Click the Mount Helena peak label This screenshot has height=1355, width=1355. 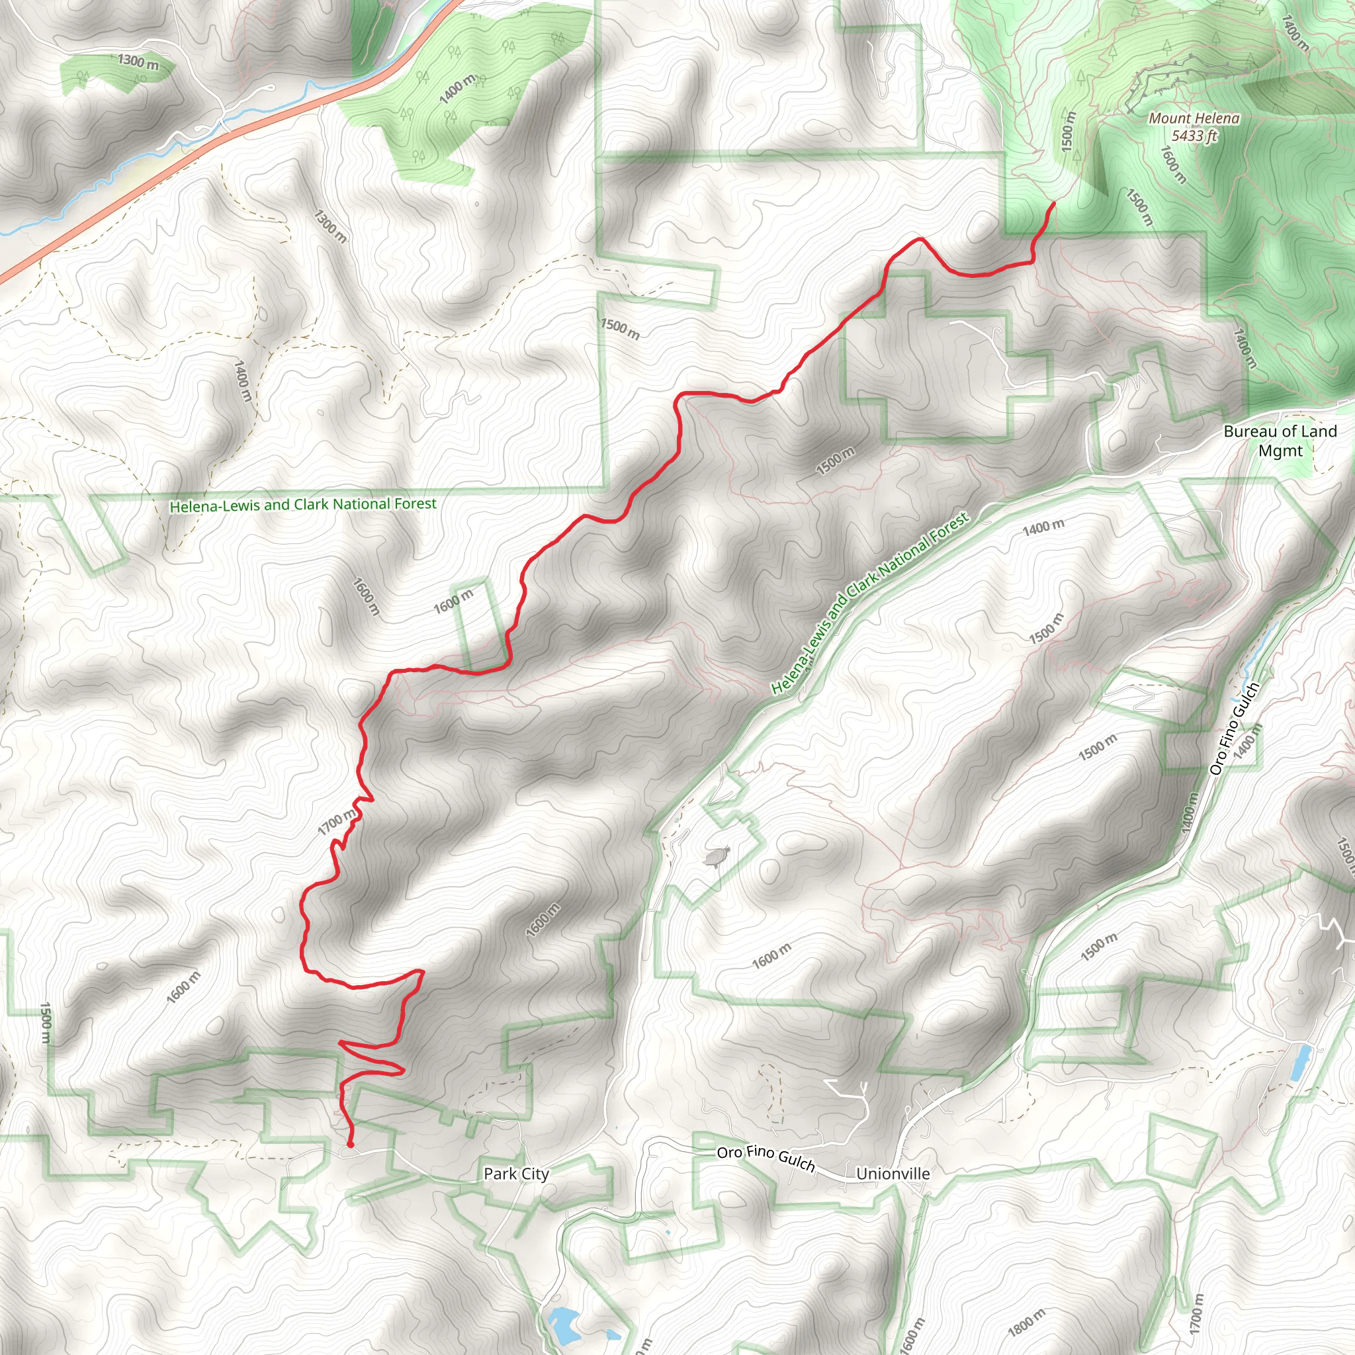1194,118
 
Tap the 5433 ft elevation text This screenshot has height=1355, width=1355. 1194,136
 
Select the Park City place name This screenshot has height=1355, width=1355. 516,1173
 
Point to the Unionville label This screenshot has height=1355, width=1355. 893,1173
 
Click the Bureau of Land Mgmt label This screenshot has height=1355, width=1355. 1280,441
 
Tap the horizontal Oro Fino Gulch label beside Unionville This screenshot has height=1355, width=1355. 765,1158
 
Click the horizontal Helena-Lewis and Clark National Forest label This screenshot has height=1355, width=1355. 303,504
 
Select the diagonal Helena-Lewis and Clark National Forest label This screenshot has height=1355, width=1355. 869,603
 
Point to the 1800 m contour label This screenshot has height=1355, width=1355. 1026,1322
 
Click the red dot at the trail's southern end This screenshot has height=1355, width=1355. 350,1145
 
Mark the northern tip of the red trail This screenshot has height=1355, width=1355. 1054,203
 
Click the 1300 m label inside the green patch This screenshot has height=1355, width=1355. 138,62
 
